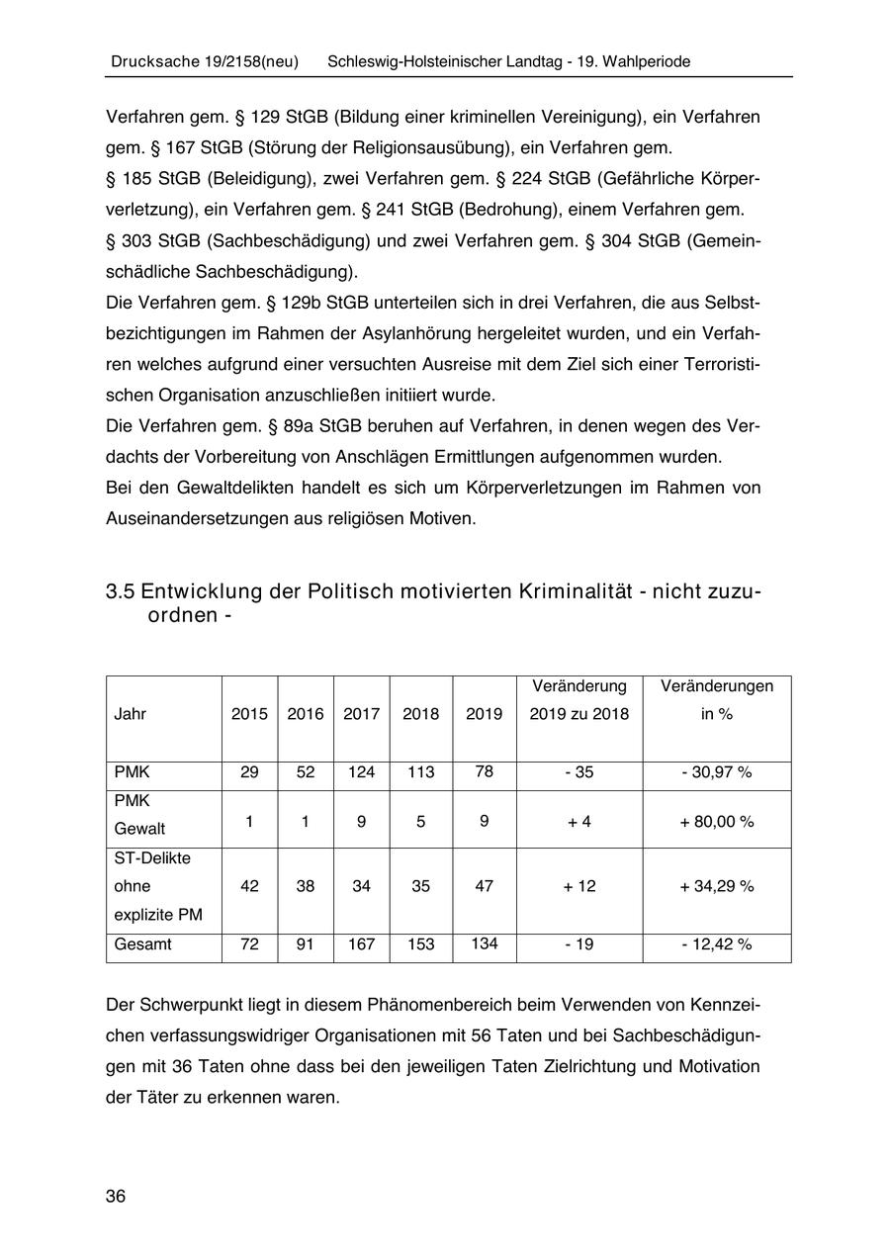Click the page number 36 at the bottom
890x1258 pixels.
point(116,1196)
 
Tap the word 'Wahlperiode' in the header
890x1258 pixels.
point(644,61)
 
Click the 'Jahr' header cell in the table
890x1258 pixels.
point(131,714)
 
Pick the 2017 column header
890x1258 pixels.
point(361,714)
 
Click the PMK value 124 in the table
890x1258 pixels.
point(361,771)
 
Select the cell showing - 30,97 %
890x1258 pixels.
point(716,771)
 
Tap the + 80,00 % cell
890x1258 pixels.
point(716,821)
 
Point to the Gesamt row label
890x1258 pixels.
point(142,944)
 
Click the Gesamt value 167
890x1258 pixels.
point(361,944)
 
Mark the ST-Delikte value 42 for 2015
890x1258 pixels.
point(249,886)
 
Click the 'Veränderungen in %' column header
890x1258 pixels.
point(716,699)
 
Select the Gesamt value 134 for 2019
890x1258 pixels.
point(484,943)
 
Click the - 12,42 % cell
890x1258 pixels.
point(716,944)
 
